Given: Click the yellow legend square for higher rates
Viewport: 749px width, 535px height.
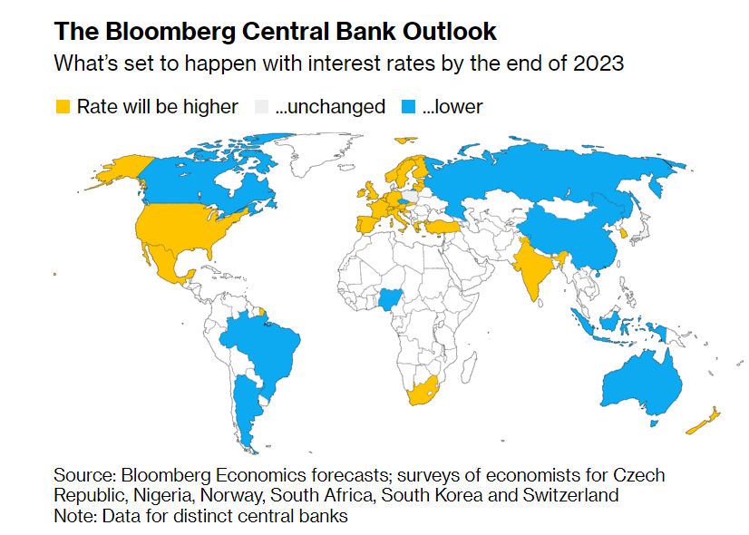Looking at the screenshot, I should pos(63,107).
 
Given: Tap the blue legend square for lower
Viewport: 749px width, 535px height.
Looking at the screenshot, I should pos(407,107).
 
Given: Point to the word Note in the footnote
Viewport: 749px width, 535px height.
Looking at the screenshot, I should pos(72,516).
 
